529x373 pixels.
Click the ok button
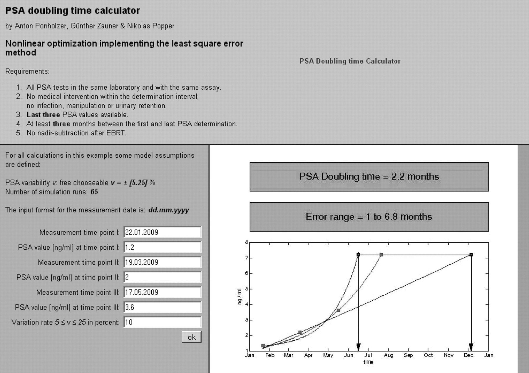click(x=191, y=337)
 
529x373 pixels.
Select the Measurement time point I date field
click(x=162, y=232)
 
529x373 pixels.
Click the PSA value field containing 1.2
click(x=162, y=247)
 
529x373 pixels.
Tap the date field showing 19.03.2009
click(x=162, y=262)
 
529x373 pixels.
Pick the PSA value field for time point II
click(x=162, y=277)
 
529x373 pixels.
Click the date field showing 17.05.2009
click(x=162, y=292)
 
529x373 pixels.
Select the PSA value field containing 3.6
click(x=162, y=307)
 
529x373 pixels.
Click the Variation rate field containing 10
click(x=162, y=322)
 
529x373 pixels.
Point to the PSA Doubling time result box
click(x=369, y=176)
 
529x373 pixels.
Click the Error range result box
click(x=369, y=217)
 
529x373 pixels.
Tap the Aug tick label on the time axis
click(x=389, y=355)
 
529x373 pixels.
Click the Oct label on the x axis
click(x=428, y=355)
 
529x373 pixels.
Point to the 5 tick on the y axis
click(x=247, y=289)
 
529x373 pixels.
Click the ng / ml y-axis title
click(x=239, y=297)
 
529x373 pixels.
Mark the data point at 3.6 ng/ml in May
click(x=338, y=310)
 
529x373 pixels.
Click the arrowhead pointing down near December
click(x=471, y=347)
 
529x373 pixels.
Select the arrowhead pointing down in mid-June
click(x=358, y=347)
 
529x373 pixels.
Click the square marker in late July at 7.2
click(x=381, y=255)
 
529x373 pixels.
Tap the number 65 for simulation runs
click(x=94, y=192)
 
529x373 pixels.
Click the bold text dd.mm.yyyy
click(x=169, y=210)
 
